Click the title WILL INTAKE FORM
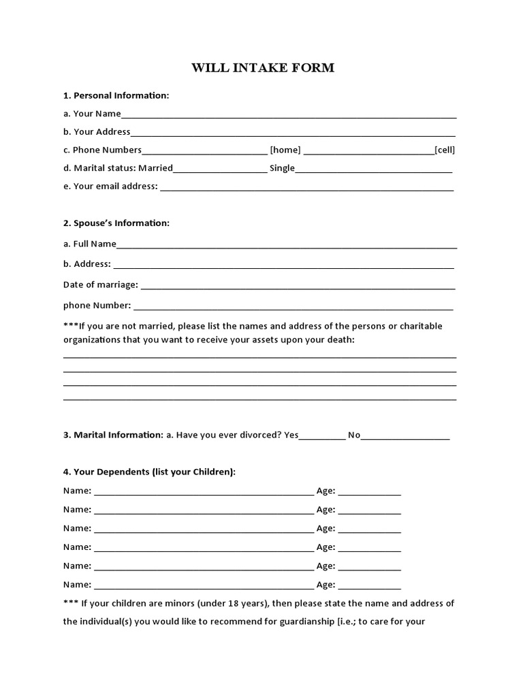(263, 68)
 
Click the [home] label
(285, 150)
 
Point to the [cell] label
(445, 150)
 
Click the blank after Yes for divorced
(322, 437)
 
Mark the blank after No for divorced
(405, 437)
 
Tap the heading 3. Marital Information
(113, 434)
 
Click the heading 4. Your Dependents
(149, 472)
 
